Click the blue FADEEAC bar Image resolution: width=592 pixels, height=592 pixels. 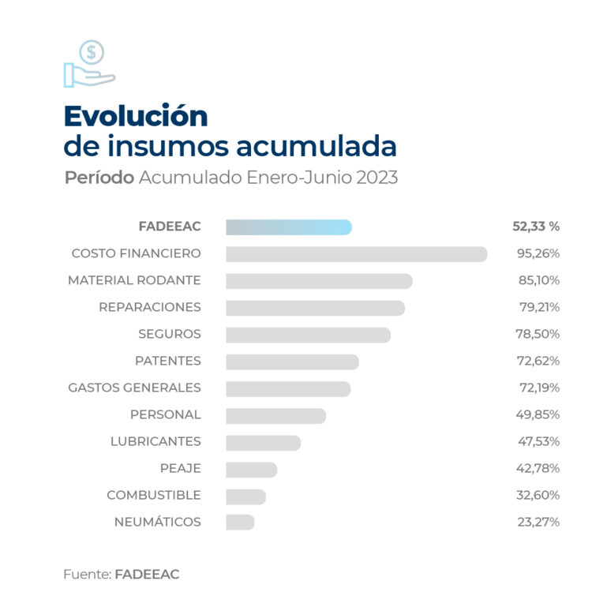pos(288,227)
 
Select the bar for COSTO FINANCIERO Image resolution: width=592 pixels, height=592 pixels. pos(356,254)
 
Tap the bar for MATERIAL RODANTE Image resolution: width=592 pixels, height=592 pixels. pos(319,281)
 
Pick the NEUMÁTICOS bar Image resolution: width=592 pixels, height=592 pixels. pos(240,523)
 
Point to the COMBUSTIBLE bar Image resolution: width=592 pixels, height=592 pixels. pos(245,496)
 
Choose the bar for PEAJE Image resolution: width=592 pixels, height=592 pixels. pos(251,469)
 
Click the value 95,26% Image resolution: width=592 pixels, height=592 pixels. pos(538,254)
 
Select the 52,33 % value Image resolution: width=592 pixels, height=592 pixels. pos(536,227)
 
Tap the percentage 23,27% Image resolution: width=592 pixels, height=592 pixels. pos(538,522)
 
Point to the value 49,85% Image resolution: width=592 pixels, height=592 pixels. pos(538,414)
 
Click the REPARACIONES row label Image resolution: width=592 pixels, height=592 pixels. pos(150,307)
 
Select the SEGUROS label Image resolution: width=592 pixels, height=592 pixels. pos(170,334)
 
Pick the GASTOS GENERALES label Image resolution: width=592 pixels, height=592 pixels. pos(134,388)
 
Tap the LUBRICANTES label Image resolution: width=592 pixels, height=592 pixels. pos(155,441)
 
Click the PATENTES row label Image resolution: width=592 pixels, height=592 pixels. pos(167,361)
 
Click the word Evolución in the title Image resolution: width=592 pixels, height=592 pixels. pos(136,116)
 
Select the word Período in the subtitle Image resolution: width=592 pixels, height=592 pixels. pos(99,178)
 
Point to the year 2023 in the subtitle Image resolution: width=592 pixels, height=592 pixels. pos(377,178)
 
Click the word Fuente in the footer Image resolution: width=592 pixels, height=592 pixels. pos(85,575)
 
